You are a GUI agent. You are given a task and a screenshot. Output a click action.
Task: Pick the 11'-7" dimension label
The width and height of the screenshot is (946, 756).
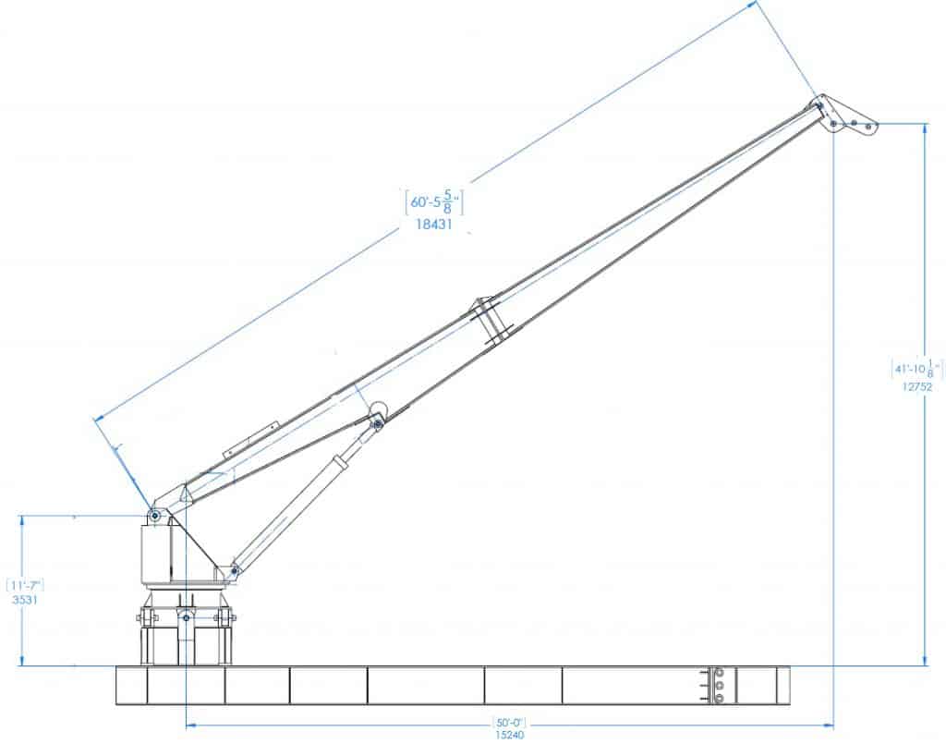click(25, 585)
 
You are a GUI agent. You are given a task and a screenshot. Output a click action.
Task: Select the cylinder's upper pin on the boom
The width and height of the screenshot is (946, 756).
click(377, 423)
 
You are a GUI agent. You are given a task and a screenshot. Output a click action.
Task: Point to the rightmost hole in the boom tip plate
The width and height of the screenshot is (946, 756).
click(867, 124)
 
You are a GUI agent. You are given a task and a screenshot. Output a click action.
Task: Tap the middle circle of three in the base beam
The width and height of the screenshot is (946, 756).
click(718, 686)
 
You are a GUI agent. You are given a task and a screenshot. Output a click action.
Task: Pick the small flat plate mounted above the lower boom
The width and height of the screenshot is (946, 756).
click(250, 440)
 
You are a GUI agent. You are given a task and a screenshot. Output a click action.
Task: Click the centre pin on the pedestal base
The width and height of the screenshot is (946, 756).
click(186, 616)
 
